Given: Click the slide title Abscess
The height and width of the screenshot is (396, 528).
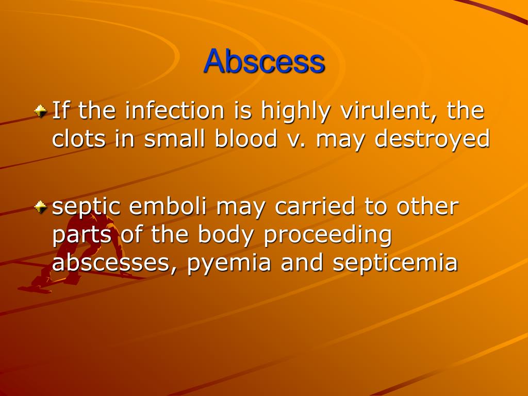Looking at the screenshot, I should (264, 62).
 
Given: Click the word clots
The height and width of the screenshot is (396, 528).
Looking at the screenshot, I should (78, 139).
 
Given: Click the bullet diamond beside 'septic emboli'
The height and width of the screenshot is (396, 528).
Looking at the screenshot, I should (40, 207).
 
